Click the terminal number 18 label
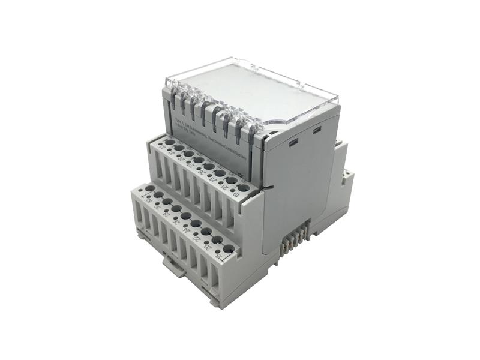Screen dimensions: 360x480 pos(220,258)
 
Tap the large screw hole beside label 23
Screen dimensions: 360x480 pos(220,173)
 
